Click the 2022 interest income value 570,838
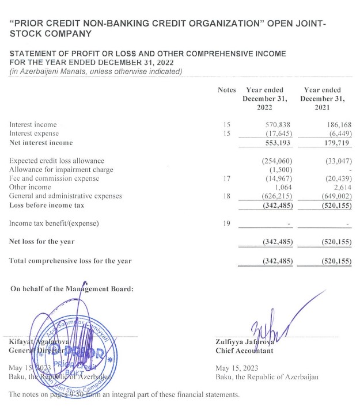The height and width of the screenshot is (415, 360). pyautogui.click(x=276, y=124)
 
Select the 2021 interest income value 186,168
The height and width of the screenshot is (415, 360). pyautogui.click(x=335, y=124)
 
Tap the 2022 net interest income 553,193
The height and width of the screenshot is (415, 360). pyautogui.click(x=276, y=142)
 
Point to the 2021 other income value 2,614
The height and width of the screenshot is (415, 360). pyautogui.click(x=340, y=187)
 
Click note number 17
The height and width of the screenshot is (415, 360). pyautogui.click(x=226, y=178)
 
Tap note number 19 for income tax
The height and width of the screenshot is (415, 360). pyautogui.click(x=226, y=223)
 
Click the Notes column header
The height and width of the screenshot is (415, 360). pyautogui.click(x=227, y=90)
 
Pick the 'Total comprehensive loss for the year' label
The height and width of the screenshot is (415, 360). pyautogui.click(x=70, y=261)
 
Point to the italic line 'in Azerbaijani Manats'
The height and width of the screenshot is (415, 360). pyautogui.click(x=96, y=71)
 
